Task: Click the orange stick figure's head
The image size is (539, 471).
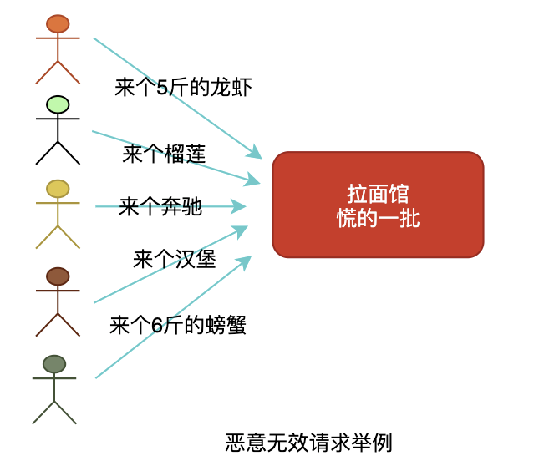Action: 58,23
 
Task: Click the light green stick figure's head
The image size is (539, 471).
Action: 58,104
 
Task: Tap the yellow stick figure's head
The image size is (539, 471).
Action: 58,189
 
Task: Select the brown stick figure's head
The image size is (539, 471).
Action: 58,276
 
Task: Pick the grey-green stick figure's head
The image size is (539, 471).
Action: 54,364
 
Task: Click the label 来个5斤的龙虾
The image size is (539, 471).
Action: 183,88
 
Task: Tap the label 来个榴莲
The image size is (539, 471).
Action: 164,154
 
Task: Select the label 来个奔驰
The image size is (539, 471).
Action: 160,206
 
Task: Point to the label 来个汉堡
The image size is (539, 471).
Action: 174,260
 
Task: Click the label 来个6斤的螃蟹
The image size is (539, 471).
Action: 177,325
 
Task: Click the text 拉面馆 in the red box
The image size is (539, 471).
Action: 378,194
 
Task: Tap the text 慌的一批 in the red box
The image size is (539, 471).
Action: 378,218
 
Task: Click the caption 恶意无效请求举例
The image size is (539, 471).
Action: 308,443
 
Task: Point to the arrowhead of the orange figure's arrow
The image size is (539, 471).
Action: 255,154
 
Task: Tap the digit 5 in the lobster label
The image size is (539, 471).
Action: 161,88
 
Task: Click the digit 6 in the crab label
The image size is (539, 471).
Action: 156,326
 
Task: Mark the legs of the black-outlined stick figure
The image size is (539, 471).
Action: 58,153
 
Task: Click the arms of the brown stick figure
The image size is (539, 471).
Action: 58,291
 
